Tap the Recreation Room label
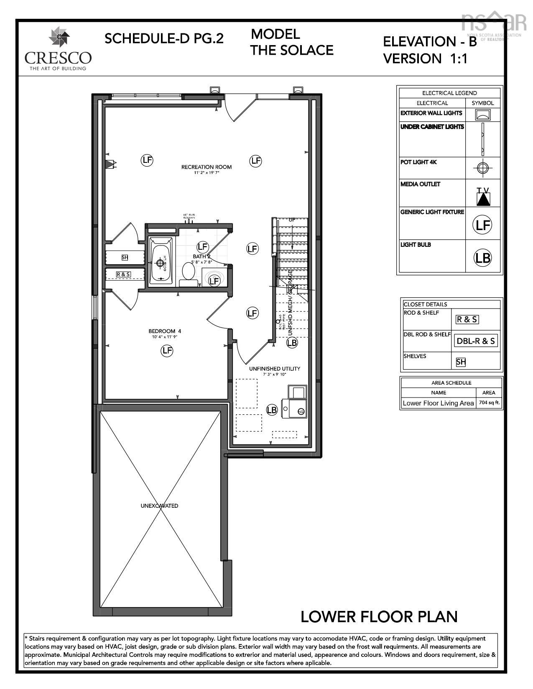point(206,167)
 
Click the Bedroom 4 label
point(167,331)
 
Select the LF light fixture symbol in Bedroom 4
point(167,351)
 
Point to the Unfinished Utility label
point(275,369)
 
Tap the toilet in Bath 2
point(189,274)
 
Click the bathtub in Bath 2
point(161,263)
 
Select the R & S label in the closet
point(123,274)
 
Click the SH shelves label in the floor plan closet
point(125,258)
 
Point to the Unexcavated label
point(159,506)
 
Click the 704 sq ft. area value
point(489,403)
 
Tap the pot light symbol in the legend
point(483,168)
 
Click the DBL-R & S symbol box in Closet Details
point(476,341)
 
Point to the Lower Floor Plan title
point(379,616)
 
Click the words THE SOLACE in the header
point(292,50)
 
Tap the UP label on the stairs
point(292,220)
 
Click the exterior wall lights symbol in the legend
point(483,114)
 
